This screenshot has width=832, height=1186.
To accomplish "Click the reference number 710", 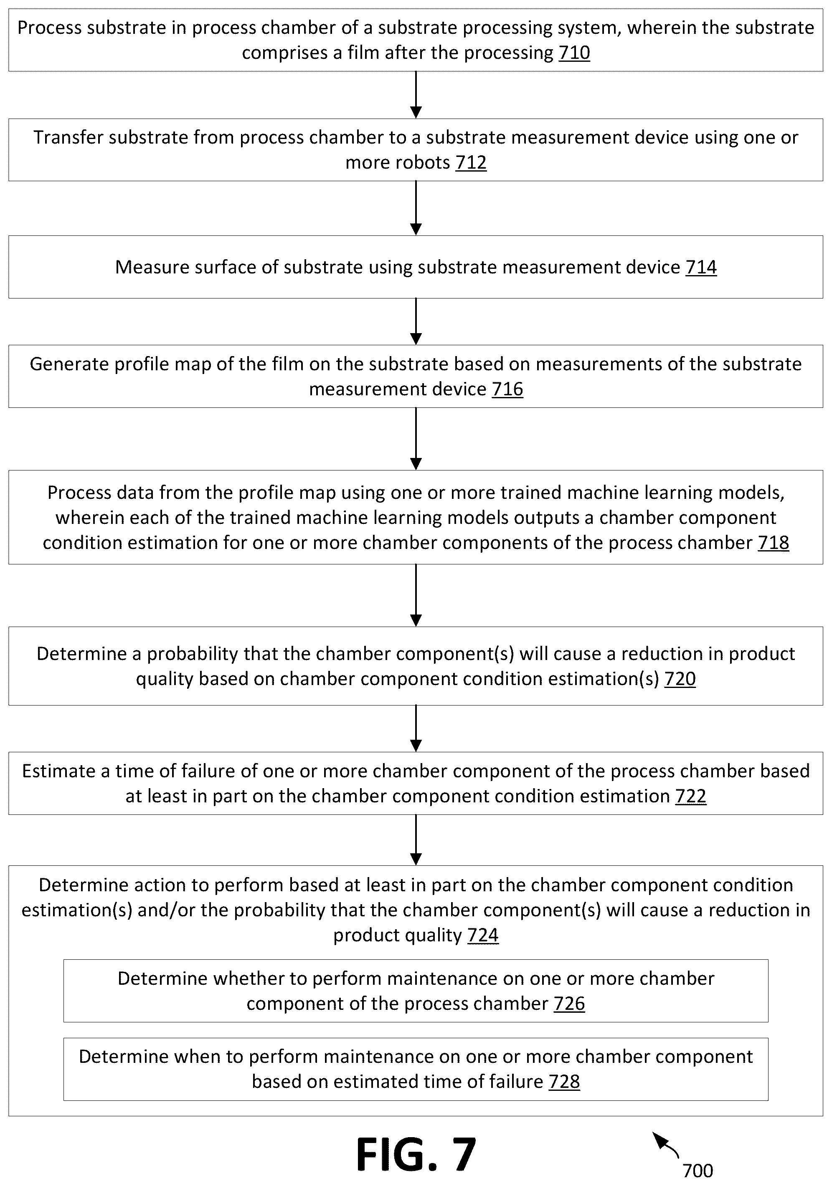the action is click(x=574, y=53).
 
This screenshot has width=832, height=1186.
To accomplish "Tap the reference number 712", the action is click(x=471, y=163).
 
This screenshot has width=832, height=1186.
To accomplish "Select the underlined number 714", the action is click(x=701, y=267).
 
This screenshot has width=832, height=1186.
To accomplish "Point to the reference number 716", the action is click(x=507, y=389).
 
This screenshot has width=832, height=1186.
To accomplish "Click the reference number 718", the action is click(x=774, y=543).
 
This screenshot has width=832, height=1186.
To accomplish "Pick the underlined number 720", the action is click(x=680, y=679).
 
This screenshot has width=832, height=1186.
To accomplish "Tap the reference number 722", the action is click(x=690, y=796).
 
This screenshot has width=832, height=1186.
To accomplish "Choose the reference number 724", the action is click(x=483, y=935).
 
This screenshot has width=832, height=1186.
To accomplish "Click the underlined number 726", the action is click(x=569, y=1004).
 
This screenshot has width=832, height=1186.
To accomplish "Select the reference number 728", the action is click(x=564, y=1082).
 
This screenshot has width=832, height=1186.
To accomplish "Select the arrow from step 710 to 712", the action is click(x=416, y=95).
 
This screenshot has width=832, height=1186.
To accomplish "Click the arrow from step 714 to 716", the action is click(x=416, y=321).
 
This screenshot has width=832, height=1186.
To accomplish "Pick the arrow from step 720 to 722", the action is click(x=416, y=728).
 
